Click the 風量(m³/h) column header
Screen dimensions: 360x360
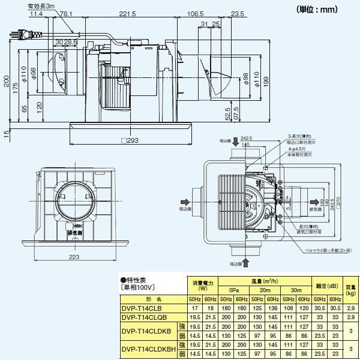click(264, 281)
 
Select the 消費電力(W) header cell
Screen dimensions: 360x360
click(202, 284)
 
